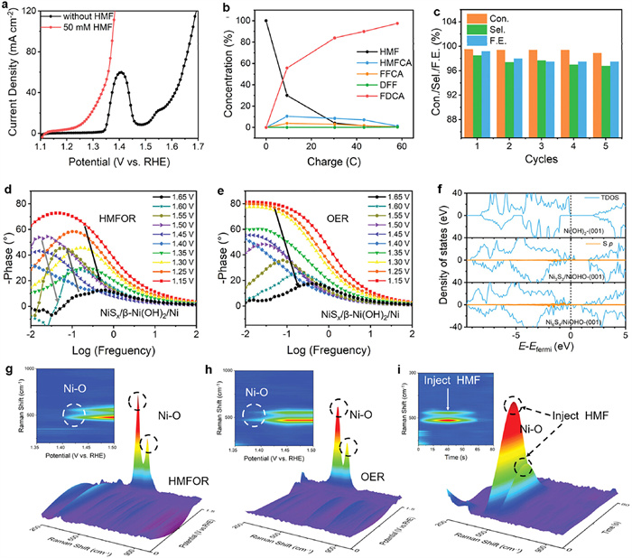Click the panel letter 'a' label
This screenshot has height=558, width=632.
(x=7, y=7)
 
